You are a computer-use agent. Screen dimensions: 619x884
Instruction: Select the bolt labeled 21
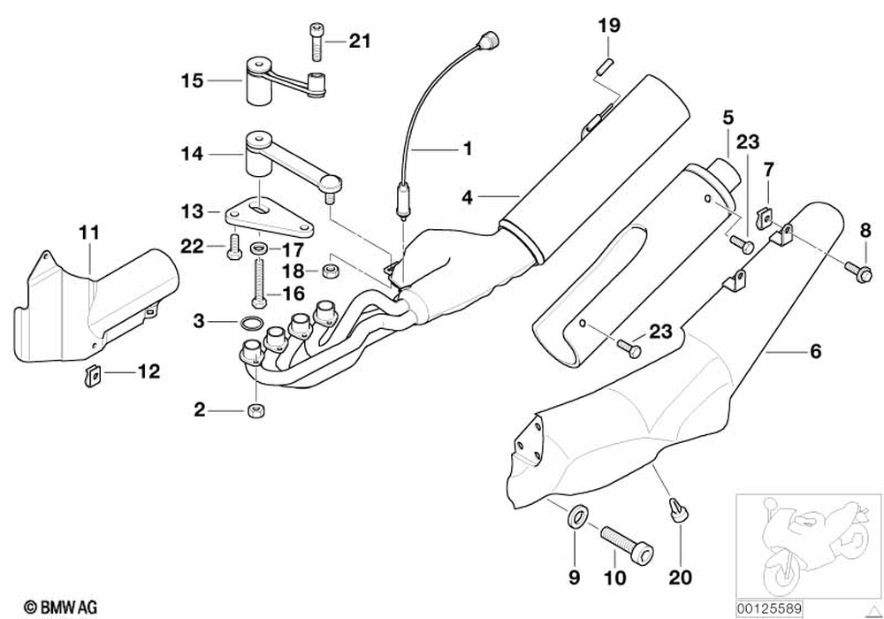pyautogui.click(x=317, y=40)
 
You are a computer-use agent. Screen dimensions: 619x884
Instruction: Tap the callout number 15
pyautogui.click(x=193, y=80)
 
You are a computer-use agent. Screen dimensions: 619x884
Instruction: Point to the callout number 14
pyautogui.click(x=193, y=153)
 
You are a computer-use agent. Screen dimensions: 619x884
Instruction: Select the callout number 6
pyautogui.click(x=814, y=352)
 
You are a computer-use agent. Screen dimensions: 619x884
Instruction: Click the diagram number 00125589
pyautogui.click(x=767, y=609)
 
